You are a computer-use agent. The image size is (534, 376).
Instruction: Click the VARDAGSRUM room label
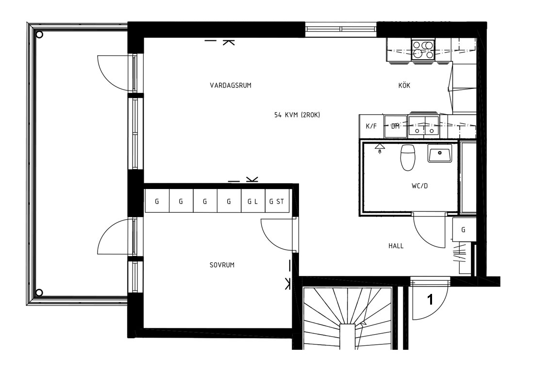[x=231, y=85]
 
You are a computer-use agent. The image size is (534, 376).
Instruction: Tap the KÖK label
[x=404, y=85]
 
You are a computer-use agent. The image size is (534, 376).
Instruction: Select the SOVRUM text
[x=222, y=265]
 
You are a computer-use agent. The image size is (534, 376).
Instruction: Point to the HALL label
[x=396, y=246]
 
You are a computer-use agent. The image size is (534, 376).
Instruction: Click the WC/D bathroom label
[x=419, y=186]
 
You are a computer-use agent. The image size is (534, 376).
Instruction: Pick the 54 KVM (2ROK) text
[x=297, y=115]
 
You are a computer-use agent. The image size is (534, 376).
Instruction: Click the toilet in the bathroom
[x=408, y=157]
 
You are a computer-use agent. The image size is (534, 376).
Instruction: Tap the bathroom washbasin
[x=440, y=153]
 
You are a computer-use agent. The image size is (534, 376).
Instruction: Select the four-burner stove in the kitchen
[x=423, y=50]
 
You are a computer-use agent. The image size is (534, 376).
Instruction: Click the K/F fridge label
[x=371, y=126]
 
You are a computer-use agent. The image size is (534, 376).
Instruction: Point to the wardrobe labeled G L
[x=253, y=201]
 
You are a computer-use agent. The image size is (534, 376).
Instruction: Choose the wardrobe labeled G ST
[x=277, y=201]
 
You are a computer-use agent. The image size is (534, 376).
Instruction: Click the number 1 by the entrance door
[x=430, y=300]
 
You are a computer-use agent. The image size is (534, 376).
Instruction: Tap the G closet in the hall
[x=463, y=230]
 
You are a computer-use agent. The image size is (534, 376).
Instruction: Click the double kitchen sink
[x=424, y=125]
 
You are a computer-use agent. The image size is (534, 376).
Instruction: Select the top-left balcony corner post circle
[x=39, y=34]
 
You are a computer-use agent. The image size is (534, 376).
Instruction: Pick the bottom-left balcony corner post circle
[x=39, y=292]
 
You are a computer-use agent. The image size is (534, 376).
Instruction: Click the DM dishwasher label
[x=395, y=126]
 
